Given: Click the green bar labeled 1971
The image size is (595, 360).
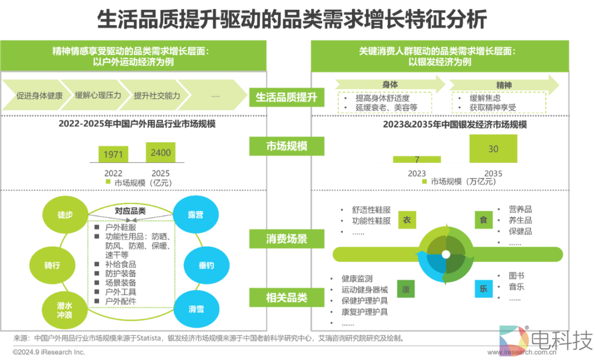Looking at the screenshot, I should [x=113, y=154].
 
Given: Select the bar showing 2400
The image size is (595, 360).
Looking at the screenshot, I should [x=160, y=152].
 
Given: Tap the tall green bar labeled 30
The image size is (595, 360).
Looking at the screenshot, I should [x=493, y=149].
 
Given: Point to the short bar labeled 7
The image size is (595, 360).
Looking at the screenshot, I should [x=417, y=159].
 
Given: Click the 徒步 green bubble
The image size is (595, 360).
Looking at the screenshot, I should [x=66, y=214].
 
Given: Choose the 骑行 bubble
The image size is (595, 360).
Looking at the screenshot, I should [x=52, y=265].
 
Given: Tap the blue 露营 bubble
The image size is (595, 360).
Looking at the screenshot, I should [x=196, y=214].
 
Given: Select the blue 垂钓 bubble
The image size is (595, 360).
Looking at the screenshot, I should [x=206, y=265].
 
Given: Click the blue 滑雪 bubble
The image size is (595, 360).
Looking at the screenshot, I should [x=196, y=309].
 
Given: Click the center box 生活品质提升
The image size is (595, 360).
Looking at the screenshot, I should [x=286, y=97].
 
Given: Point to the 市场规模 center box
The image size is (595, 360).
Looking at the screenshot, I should [x=286, y=147].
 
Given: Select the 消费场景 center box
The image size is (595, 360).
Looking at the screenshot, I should [x=286, y=239].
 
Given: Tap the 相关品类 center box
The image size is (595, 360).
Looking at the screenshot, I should [x=286, y=298].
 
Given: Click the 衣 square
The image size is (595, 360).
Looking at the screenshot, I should [x=407, y=220].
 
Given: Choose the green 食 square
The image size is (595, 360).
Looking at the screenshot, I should [x=483, y=220].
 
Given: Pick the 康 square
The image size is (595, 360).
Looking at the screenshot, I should [x=407, y=289].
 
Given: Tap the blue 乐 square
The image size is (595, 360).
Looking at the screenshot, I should [x=483, y=288].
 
